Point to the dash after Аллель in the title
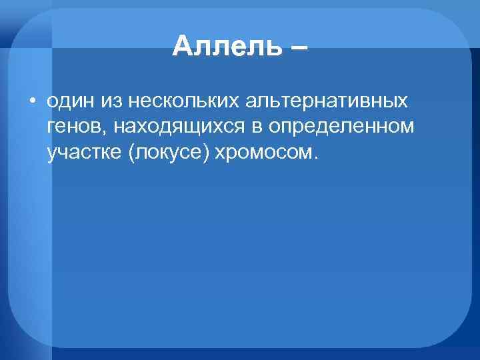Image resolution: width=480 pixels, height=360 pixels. [x=298, y=48]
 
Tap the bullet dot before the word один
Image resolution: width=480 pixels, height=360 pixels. [x=31, y=103]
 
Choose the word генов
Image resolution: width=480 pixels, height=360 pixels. [x=72, y=128]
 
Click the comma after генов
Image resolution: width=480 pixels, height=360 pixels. [x=100, y=132]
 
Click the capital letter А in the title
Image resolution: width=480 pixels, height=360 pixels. [x=181, y=47]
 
